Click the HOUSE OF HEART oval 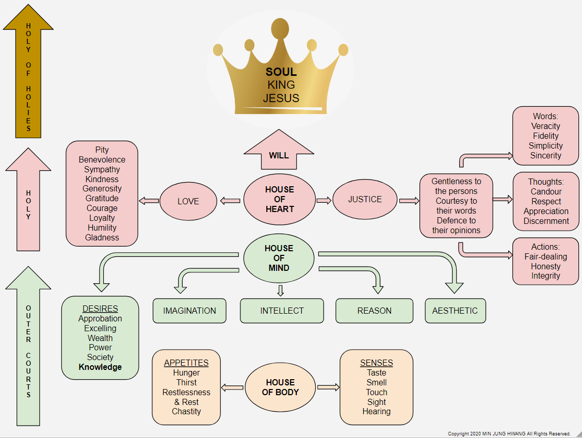pyautogui.click(x=279, y=199)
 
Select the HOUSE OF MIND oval pyautogui.click(x=279, y=258)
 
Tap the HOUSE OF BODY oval pyautogui.click(x=280, y=387)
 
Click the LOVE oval pyautogui.click(x=188, y=201)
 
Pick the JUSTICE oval pyautogui.click(x=365, y=199)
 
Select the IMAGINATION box pyautogui.click(x=189, y=311)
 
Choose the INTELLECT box pyautogui.click(x=282, y=311)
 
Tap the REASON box pyautogui.click(x=374, y=311)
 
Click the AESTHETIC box pyautogui.click(x=455, y=311)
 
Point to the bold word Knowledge pyautogui.click(x=100, y=367)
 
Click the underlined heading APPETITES pyautogui.click(x=186, y=363)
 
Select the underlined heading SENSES pyautogui.click(x=376, y=363)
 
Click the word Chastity pyautogui.click(x=186, y=411)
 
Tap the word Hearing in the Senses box pyautogui.click(x=376, y=411)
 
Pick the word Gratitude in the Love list pyautogui.click(x=102, y=198)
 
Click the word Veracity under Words pyautogui.click(x=545, y=126)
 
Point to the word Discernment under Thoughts pyautogui.click(x=546, y=221)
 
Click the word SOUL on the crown pyautogui.click(x=281, y=72)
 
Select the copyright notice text pyautogui.click(x=509, y=434)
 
